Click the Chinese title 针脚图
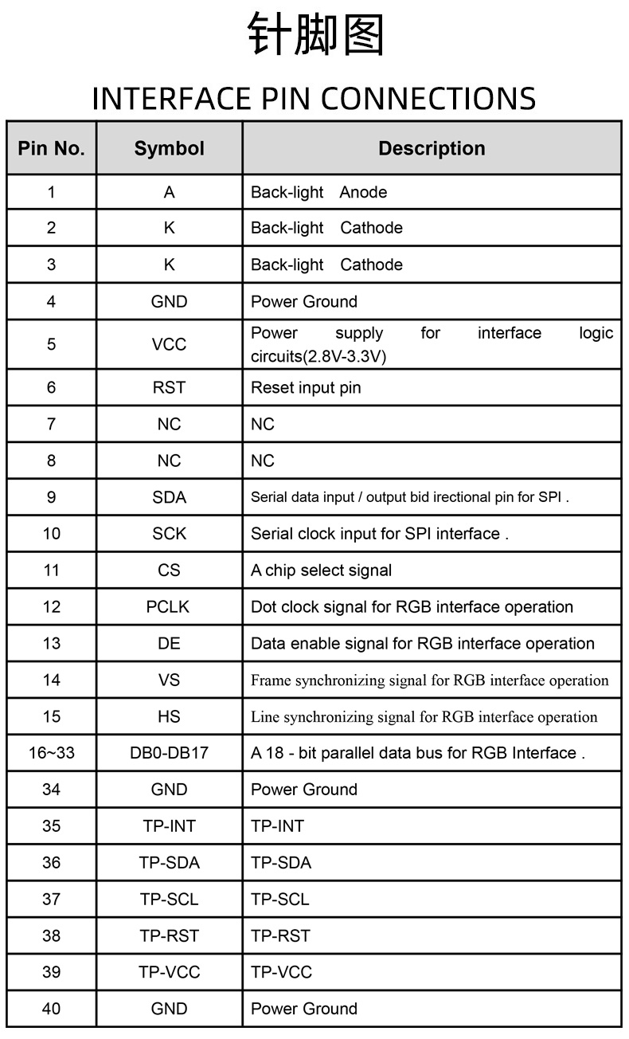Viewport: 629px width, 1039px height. pos(315,36)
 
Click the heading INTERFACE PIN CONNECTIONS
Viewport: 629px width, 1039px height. pos(314,99)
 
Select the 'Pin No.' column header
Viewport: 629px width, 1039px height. pos(52,148)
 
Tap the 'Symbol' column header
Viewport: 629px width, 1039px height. pos(169,148)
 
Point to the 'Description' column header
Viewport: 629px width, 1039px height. pos(432,148)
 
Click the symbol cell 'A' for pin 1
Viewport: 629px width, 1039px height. pos(169,192)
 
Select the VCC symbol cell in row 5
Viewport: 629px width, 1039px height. pos(169,344)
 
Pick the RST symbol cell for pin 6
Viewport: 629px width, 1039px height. pos(169,388)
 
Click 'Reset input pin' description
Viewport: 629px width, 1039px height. pos(306,388)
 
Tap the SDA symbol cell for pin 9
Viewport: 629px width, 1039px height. pos(169,497)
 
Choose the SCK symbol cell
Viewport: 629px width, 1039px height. pos(169,534)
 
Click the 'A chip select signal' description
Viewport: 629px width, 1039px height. pos(321,570)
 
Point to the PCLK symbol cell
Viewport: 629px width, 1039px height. pos(169,607)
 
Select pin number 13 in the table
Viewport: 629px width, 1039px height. pos(52,644)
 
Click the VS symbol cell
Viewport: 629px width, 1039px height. pos(169,680)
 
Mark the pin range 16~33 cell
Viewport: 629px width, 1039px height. pos(52,753)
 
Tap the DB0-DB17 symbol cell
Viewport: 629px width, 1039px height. pos(169,753)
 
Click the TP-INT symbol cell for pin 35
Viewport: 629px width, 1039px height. pos(169,826)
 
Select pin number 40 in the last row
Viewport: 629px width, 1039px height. pos(52,1009)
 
